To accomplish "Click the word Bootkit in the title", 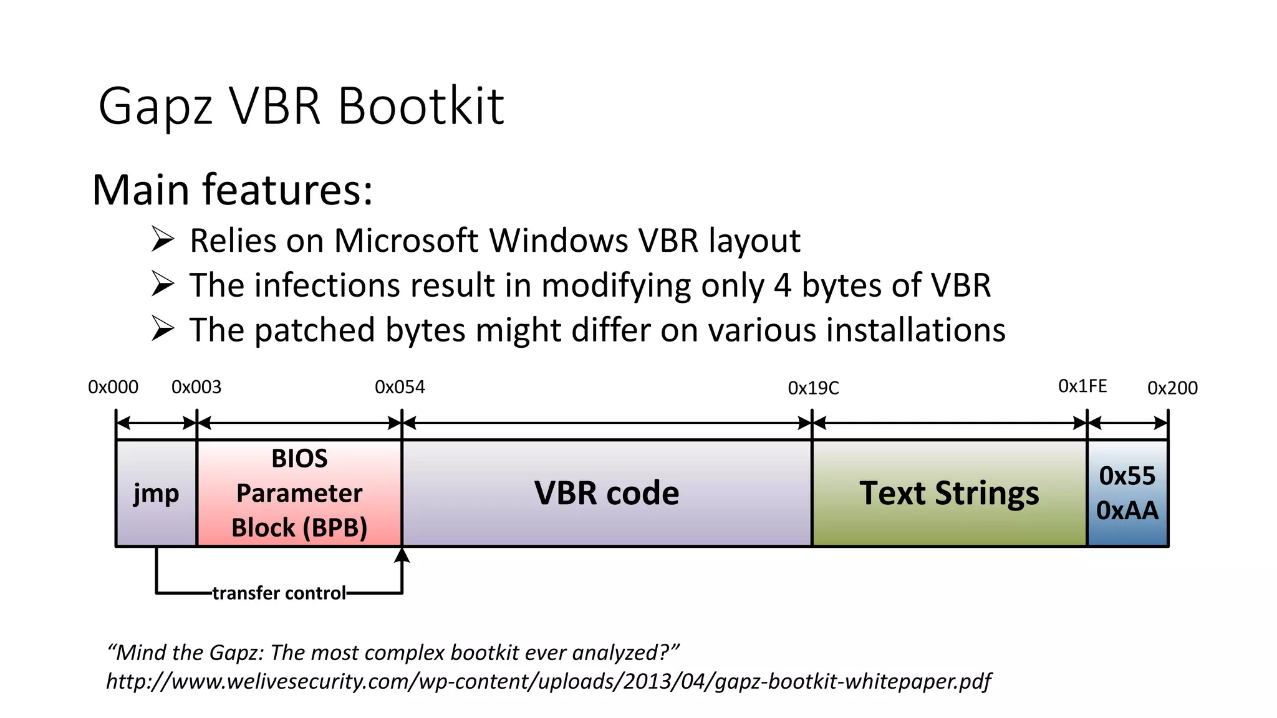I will (421, 106).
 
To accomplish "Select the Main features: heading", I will (232, 189).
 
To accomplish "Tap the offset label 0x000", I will (113, 387).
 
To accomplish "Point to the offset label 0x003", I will (196, 387).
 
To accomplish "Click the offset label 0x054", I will (400, 387).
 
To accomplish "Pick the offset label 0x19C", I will (813, 388).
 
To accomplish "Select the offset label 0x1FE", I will (1082, 386).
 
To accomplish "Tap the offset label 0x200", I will (1172, 388).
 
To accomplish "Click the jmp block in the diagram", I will (156, 494).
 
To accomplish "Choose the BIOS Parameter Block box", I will (299, 494).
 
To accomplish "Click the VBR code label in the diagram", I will (607, 494).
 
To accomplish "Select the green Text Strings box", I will (949, 494).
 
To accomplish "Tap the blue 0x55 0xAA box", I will (1127, 494).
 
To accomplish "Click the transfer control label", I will (279, 593).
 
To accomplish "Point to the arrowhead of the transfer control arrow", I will (402, 554).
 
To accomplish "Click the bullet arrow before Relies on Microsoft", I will (163, 239).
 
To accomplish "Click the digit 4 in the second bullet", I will (783, 285).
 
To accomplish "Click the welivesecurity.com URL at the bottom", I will (548, 681).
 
